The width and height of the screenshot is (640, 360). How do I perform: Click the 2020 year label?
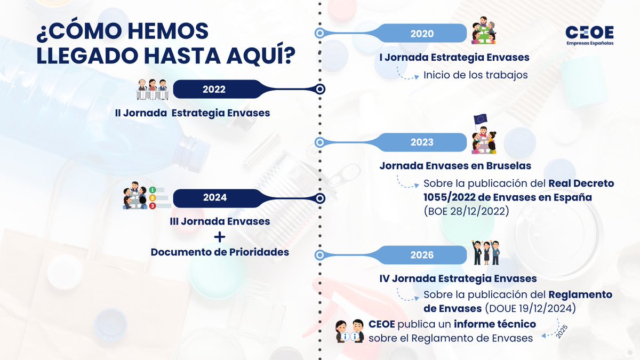tap(422, 34)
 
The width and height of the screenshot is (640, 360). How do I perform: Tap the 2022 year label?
tap(214, 90)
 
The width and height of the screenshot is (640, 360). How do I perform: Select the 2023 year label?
tap(422, 142)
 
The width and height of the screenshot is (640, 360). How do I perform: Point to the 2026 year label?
tap(422, 255)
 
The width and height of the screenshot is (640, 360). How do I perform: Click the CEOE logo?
tap(589, 36)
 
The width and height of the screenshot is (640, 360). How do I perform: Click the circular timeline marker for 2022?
tap(319, 90)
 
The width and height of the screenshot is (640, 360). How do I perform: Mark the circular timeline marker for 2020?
tap(319, 33)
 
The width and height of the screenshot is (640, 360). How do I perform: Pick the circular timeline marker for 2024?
tap(319, 198)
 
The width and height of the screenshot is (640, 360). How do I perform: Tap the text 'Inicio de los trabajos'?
tap(476, 75)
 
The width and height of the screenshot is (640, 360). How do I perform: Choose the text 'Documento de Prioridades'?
tap(220, 252)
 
